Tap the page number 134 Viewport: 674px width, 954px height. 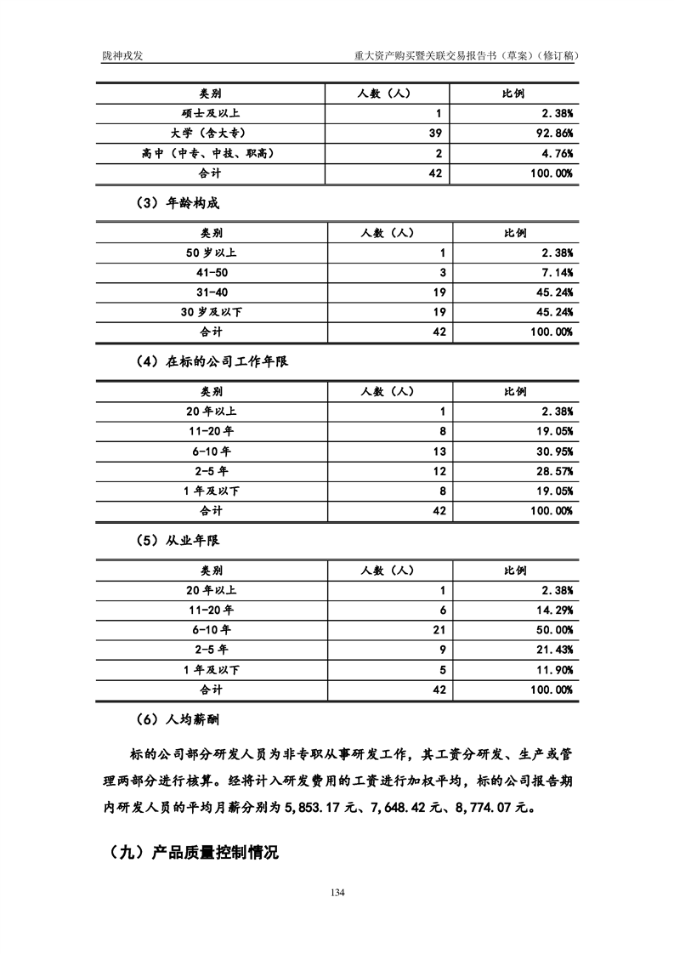point(337,892)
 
